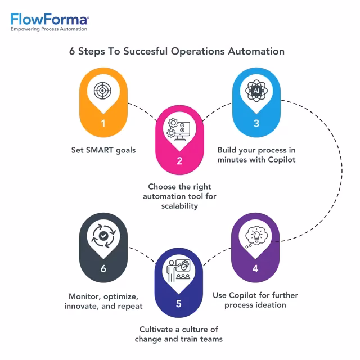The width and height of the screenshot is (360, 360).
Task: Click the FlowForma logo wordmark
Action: tap(49, 20)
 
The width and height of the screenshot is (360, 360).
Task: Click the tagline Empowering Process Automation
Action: tap(49, 29)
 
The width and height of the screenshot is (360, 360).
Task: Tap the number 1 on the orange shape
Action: tap(103, 123)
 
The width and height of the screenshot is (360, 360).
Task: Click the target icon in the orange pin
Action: tap(103, 90)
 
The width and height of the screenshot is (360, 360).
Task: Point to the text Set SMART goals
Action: tap(103, 150)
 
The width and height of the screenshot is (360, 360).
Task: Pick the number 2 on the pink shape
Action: tap(179, 161)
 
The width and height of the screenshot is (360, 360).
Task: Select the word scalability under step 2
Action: tap(179, 206)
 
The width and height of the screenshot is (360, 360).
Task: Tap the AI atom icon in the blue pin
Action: tap(256, 90)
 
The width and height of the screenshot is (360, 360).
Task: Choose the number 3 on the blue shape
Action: tap(256, 123)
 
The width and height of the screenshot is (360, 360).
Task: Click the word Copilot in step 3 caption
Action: tap(281, 160)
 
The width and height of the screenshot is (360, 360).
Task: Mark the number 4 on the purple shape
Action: tap(256, 269)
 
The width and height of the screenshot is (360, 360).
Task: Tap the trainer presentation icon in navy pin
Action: tap(179, 271)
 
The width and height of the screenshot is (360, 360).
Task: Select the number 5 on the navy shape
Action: tap(179, 303)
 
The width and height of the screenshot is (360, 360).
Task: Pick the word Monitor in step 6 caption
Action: tap(84, 296)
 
